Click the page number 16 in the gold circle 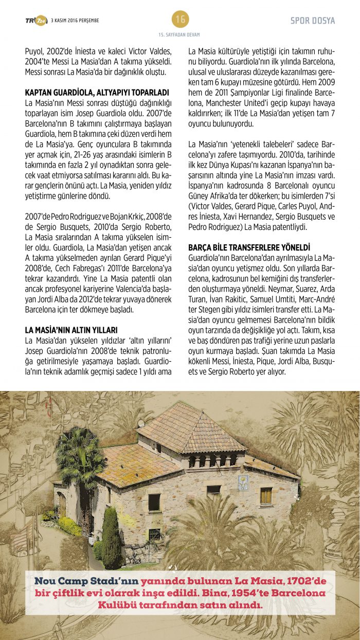[x=180, y=20]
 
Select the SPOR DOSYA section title [x=312, y=21]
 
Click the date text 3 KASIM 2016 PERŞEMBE [x=75, y=21]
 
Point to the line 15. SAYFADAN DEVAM [x=179, y=34]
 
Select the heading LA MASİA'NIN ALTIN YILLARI [x=71, y=329]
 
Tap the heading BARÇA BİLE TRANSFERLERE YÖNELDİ [x=249, y=247]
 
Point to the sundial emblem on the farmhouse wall [x=243, y=482]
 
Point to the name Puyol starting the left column [x=34, y=51]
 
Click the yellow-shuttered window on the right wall [x=266, y=496]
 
